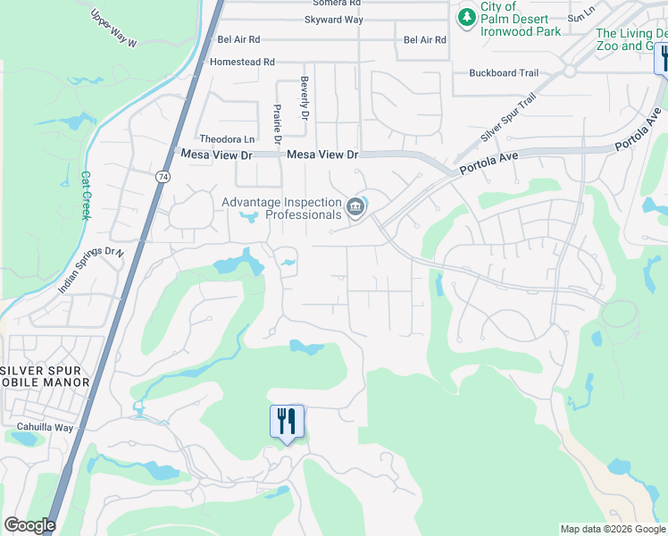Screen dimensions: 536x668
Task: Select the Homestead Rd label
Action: (242, 63)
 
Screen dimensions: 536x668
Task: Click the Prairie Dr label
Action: (277, 125)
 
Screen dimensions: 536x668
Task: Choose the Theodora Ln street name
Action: (227, 139)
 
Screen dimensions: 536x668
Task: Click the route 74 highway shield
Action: (163, 178)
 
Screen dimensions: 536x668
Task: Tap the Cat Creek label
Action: (87, 196)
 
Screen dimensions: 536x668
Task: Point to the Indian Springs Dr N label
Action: (90, 271)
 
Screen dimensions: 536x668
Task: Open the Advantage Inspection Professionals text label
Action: (282, 208)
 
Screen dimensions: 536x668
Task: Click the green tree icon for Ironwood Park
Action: (466, 17)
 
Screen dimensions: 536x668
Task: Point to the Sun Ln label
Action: (580, 17)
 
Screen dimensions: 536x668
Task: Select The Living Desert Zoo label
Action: (631, 39)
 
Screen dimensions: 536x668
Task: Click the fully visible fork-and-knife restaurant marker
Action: (287, 421)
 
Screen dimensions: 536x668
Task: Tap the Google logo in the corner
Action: (29, 525)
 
